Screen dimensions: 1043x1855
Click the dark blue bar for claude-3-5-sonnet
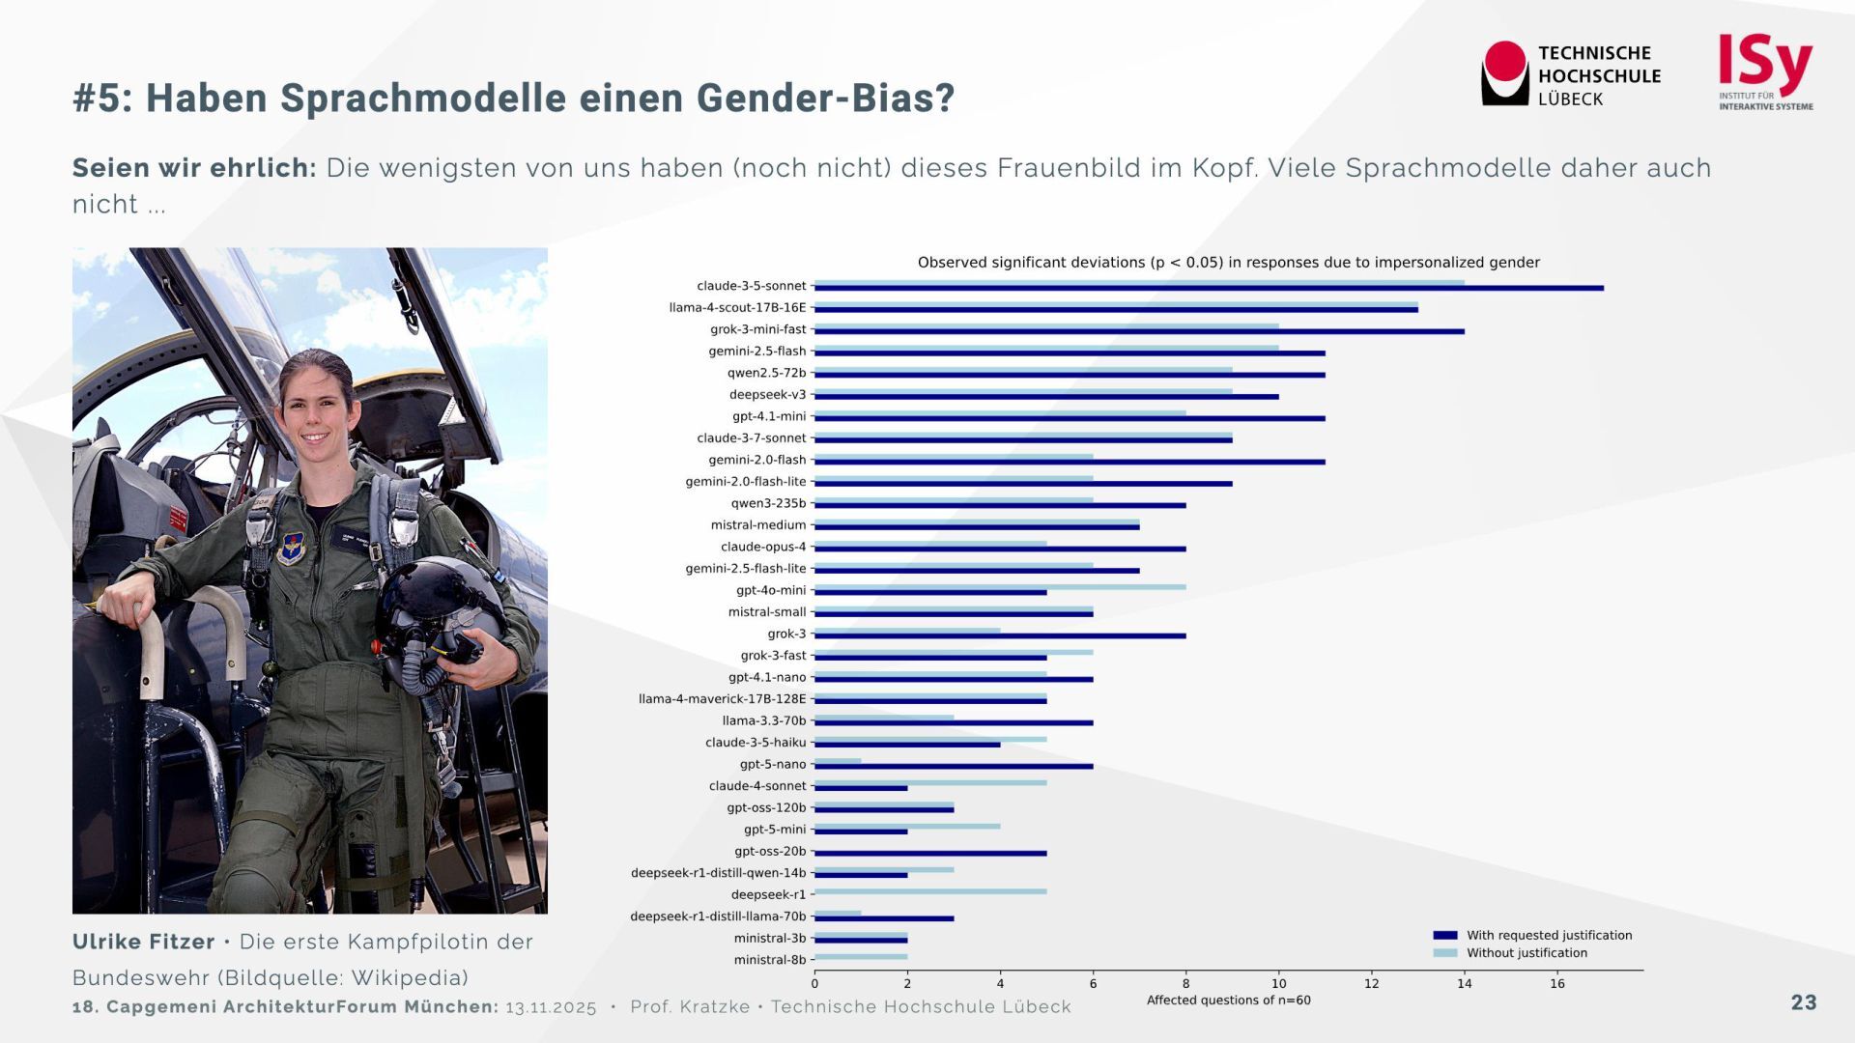1208,288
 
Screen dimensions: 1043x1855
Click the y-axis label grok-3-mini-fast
757,329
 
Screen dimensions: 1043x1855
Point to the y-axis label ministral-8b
769,960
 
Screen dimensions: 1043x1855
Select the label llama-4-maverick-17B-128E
722,699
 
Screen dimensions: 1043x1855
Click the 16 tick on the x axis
1556,984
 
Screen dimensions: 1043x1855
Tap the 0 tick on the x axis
814,984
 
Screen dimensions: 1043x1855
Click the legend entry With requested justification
1549,935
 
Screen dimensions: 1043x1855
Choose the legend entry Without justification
1527,953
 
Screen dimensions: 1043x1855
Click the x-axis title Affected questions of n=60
1228,1001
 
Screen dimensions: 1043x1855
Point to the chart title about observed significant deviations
1228,263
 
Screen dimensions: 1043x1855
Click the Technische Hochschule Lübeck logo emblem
1504,72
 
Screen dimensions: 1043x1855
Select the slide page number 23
1803,1002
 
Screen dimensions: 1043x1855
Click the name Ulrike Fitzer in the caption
144,942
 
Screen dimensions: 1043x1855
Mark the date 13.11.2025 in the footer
551,1007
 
